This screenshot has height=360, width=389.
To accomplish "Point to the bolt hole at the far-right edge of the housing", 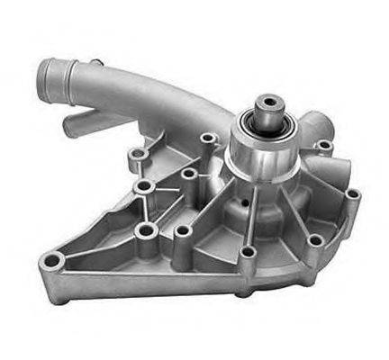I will click(354, 193).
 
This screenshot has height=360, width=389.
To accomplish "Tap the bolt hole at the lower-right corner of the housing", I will click(314, 240).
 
